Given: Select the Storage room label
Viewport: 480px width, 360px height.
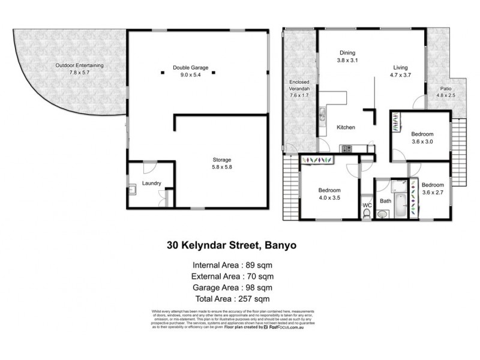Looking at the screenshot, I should point(221,159).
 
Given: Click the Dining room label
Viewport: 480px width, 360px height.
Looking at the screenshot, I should point(348,52).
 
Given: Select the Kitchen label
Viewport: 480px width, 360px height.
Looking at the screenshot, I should point(346,127).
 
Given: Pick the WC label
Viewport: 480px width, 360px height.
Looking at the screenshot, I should point(367,205).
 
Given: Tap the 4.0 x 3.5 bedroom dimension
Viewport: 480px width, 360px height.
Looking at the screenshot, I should point(329,197).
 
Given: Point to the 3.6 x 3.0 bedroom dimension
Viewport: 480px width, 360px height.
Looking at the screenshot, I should point(422,142).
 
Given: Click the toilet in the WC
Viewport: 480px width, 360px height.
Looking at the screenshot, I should point(367,215).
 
